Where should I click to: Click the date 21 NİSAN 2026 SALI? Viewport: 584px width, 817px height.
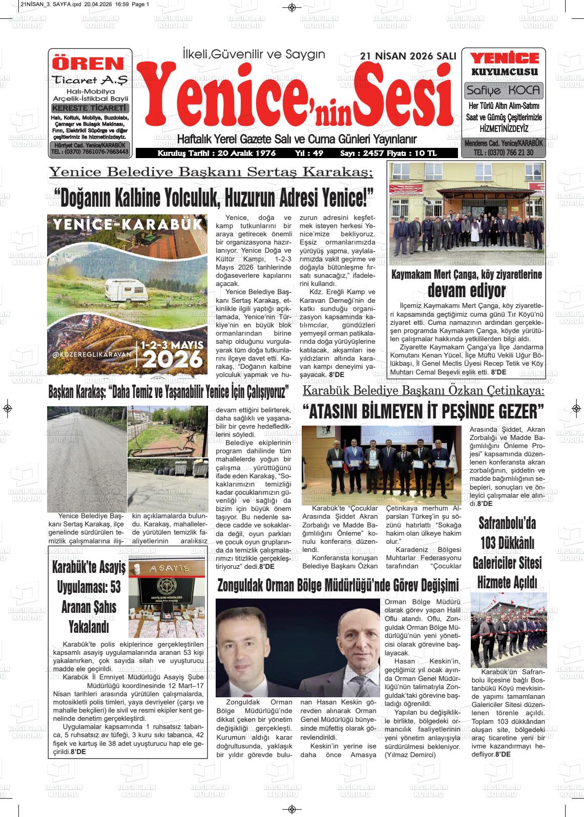(408, 56)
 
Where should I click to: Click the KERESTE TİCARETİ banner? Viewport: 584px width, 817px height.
(90, 108)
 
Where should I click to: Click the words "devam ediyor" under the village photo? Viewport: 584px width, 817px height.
(466, 291)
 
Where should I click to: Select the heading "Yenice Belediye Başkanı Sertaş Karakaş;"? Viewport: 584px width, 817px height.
(211, 172)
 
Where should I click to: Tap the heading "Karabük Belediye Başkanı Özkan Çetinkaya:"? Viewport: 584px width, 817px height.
(423, 391)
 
